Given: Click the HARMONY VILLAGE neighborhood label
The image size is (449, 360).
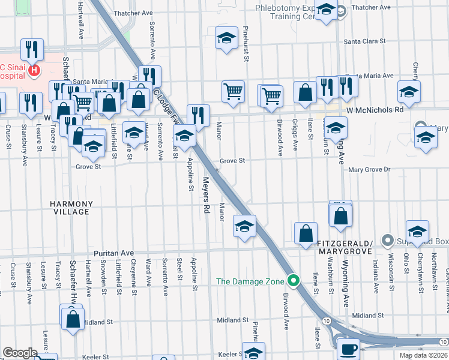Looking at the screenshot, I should (71, 208).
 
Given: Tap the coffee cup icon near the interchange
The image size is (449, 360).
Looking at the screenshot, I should (348, 348).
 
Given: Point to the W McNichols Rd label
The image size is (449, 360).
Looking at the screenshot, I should (375, 111).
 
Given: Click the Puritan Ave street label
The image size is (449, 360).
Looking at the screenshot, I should (112, 253).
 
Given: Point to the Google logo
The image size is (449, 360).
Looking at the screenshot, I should (20, 353).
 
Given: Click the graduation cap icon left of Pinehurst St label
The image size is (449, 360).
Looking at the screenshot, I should (226, 38).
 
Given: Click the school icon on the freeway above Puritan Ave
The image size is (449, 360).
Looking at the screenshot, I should (244, 226).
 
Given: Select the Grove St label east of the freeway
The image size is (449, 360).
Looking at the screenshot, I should (232, 161).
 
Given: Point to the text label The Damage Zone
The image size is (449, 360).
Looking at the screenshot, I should (251, 281).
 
